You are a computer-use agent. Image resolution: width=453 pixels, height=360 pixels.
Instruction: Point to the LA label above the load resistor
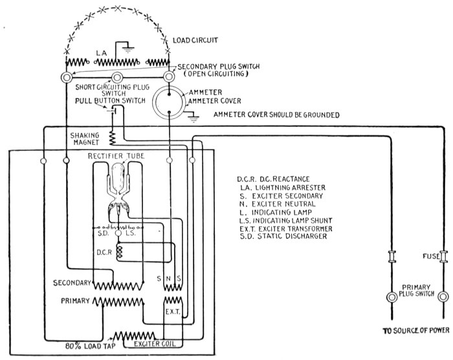pos(101,52)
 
